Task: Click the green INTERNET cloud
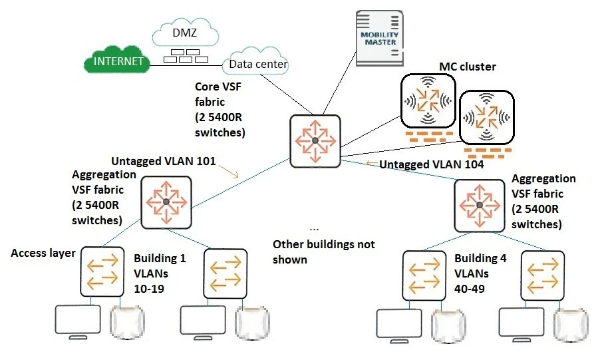click(x=118, y=62)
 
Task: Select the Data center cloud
click(x=257, y=64)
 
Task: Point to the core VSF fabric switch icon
click(x=315, y=140)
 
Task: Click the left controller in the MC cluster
click(x=427, y=100)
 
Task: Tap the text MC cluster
click(x=467, y=67)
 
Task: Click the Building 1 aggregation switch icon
click(x=166, y=201)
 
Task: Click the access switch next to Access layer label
click(x=102, y=271)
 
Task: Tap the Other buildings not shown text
click(x=324, y=252)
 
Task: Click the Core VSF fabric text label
click(x=220, y=110)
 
